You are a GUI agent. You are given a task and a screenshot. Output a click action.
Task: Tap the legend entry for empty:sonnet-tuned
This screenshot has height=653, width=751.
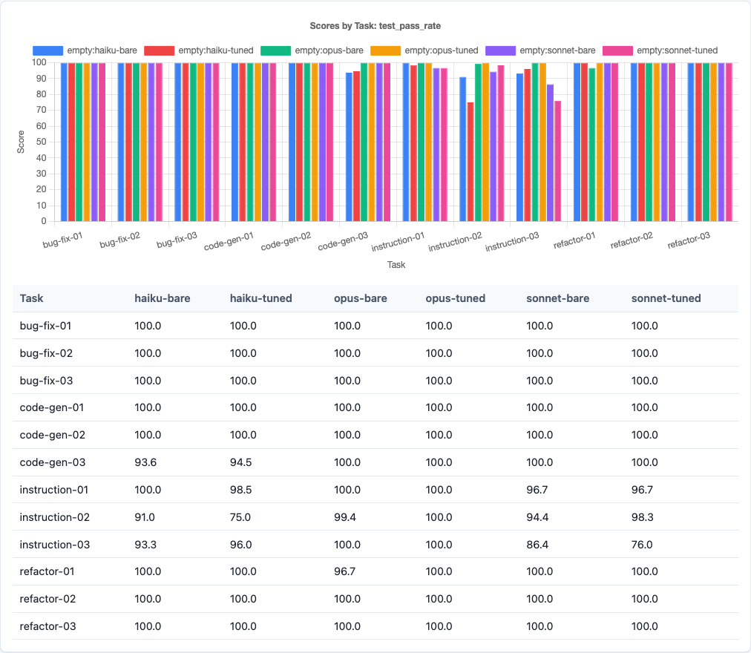click(660, 50)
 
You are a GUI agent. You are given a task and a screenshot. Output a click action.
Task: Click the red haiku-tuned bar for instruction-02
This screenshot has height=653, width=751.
click(470, 162)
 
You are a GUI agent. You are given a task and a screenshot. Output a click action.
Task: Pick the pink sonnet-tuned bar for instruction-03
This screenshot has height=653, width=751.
click(557, 161)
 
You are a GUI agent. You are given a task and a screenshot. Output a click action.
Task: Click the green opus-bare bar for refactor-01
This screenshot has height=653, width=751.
click(591, 145)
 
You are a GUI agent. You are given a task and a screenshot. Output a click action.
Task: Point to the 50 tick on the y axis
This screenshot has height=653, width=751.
click(43, 142)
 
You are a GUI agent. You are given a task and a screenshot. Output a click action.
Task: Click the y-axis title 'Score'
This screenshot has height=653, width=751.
click(21, 142)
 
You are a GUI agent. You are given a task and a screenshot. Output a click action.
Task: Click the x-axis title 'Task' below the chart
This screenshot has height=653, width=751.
click(396, 264)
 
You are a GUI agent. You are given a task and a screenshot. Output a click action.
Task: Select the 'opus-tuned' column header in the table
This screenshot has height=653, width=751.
click(455, 298)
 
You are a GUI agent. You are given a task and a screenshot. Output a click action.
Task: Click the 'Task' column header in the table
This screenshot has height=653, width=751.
click(32, 298)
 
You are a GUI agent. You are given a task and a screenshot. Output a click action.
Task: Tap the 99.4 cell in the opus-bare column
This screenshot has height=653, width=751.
click(347, 517)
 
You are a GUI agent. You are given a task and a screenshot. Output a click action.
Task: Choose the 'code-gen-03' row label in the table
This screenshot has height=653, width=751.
click(53, 462)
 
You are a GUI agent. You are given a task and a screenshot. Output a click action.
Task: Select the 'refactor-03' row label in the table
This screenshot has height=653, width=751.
click(48, 626)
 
